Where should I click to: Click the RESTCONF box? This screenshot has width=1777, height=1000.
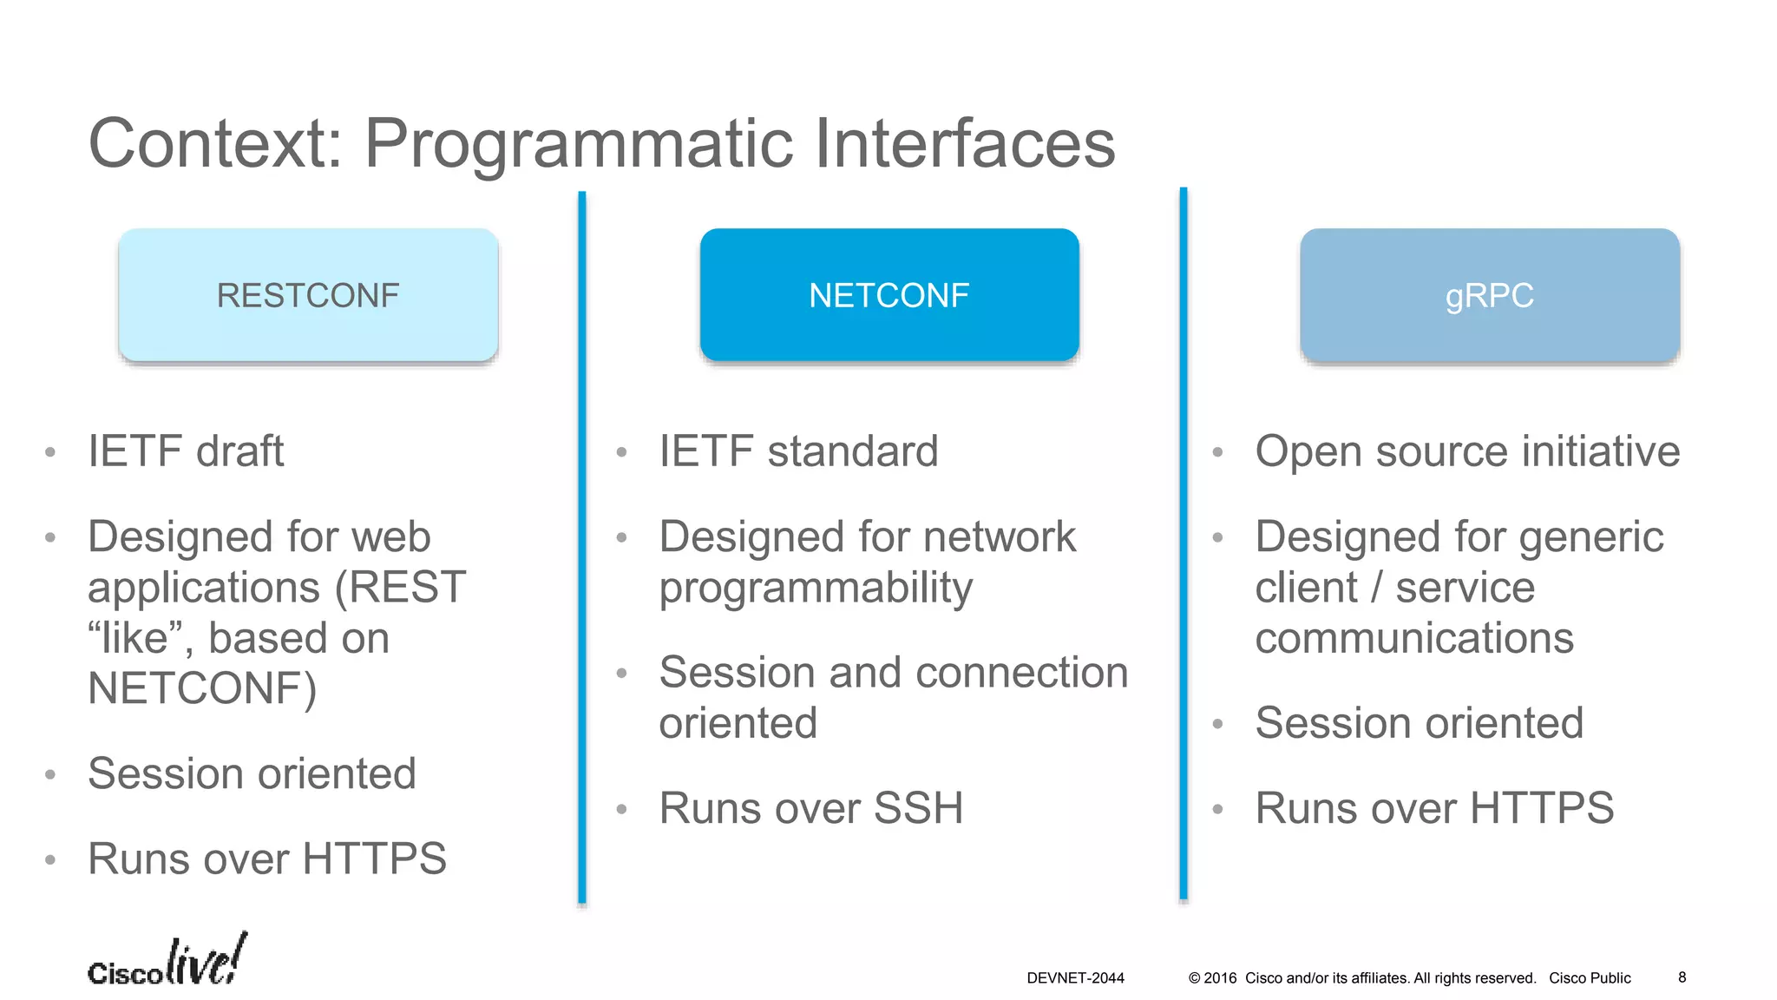coord(308,295)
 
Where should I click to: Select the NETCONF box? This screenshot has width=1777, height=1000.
coord(889,295)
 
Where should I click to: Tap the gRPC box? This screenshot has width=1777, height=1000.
coord(1489,295)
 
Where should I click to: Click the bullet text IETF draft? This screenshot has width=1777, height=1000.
coord(186,451)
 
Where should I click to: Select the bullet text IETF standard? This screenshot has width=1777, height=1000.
coord(798,451)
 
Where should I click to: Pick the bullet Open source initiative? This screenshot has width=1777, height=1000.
coord(1467,451)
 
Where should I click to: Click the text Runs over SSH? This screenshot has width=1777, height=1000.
coord(811,808)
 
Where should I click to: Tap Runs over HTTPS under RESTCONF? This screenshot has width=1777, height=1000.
coord(267,859)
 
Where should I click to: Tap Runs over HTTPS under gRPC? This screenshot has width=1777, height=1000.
coord(1434,808)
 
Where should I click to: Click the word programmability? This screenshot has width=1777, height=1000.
coord(816,589)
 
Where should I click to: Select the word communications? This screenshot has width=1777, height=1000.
coord(1414,638)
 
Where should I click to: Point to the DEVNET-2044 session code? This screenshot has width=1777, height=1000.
coord(1075,978)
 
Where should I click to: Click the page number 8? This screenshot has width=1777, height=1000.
coord(1682,977)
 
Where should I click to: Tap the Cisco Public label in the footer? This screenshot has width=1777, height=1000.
coord(1590,978)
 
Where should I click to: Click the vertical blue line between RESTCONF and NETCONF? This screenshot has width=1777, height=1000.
coord(582,547)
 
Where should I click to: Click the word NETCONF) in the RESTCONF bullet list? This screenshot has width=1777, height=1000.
coord(202,688)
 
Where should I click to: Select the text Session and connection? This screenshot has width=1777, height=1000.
coord(894,673)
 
